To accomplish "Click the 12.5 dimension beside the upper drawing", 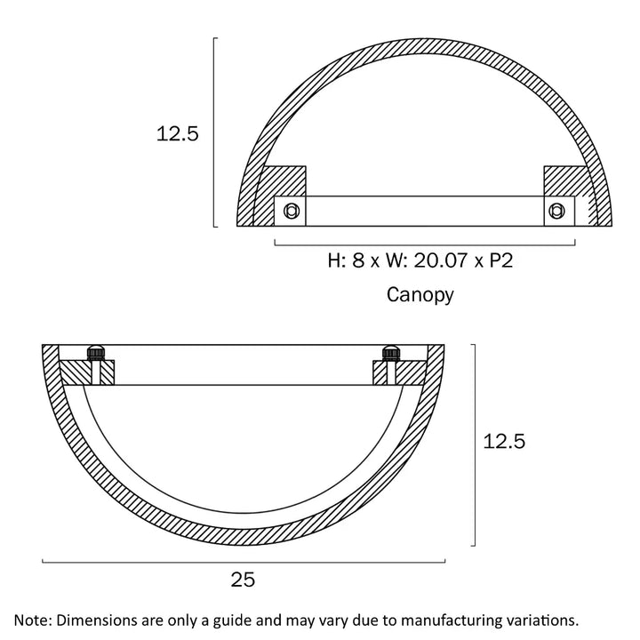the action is click(x=177, y=134).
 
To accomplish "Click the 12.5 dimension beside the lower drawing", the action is click(x=504, y=442).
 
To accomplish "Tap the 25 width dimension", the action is click(x=243, y=580).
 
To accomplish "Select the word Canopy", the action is click(x=420, y=295).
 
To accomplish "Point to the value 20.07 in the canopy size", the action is click(x=440, y=260).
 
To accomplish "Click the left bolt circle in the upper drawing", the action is click(x=291, y=211).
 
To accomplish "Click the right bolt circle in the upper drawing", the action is click(x=556, y=211).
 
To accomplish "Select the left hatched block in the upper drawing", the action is click(x=284, y=181).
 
